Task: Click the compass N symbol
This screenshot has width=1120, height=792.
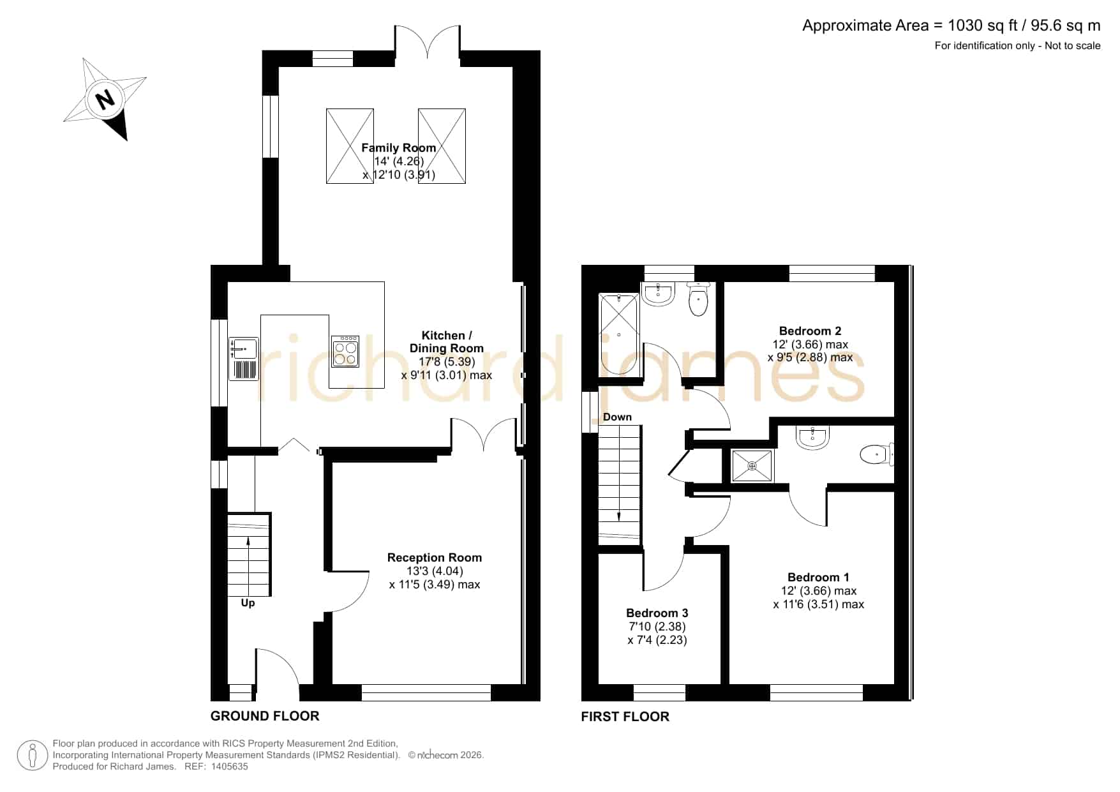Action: point(105,99)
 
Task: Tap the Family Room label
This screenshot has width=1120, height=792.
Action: point(399,147)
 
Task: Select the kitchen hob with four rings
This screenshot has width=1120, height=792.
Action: point(345,352)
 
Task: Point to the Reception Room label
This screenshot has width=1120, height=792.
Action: point(435,557)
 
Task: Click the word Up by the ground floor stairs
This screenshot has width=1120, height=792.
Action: point(248,602)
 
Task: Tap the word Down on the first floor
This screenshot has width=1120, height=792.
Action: point(617,417)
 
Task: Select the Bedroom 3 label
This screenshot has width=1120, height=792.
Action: point(657,613)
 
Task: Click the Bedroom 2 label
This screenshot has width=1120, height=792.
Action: point(810,331)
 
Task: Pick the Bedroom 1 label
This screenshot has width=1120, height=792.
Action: point(818,577)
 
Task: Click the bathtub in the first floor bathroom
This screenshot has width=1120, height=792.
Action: point(619,334)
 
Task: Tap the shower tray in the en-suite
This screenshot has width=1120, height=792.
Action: point(752,466)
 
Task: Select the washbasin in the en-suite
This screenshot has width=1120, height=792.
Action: point(812,438)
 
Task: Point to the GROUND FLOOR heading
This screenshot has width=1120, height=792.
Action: point(265,716)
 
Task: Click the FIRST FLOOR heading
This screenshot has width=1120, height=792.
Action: point(625,717)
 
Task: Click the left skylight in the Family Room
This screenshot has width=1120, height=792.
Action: point(350,146)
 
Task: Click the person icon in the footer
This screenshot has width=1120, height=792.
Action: point(33,756)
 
